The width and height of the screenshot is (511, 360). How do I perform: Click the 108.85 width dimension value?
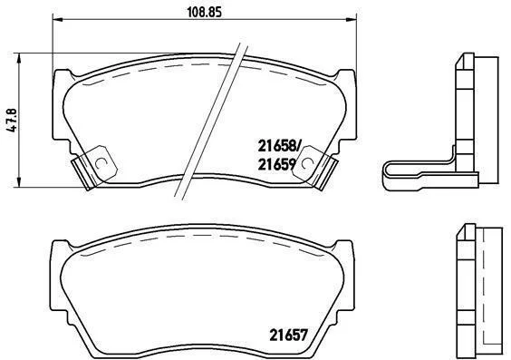205,12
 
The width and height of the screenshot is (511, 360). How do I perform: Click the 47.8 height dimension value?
12,121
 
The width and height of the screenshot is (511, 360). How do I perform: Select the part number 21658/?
278,146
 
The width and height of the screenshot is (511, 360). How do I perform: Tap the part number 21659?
276,165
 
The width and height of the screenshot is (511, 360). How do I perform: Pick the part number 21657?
288,335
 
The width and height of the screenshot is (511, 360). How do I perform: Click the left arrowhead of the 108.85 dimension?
57,20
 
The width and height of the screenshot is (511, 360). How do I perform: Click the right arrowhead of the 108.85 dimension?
352,20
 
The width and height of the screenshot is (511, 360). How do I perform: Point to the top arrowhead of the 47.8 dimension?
19,58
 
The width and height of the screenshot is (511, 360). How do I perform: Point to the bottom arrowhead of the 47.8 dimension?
19,182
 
